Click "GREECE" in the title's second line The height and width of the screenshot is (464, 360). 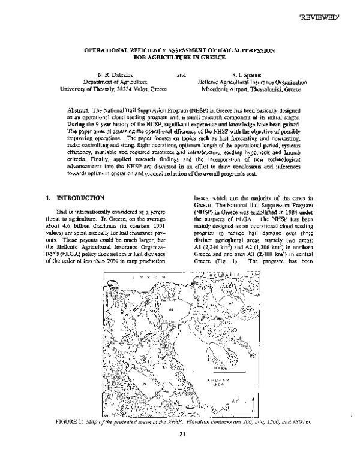[212, 58]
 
